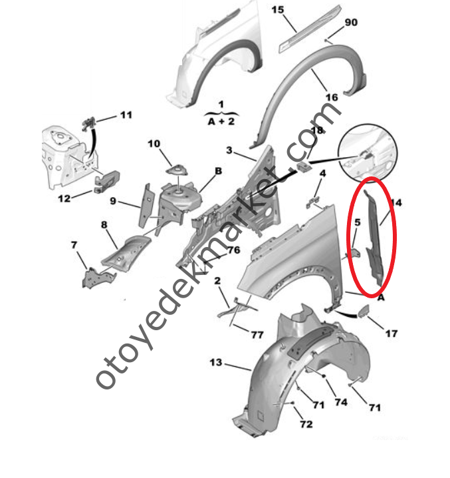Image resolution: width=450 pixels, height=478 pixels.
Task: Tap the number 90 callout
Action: tap(350, 23)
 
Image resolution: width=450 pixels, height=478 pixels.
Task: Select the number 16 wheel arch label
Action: tap(331, 97)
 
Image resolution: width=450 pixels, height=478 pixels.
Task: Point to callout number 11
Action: tap(126, 115)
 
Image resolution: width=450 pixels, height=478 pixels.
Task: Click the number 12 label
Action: tap(82, 198)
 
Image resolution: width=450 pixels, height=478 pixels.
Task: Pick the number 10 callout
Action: tap(154, 143)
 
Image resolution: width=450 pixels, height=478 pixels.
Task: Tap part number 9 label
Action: tap(113, 200)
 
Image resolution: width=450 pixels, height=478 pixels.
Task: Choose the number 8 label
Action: tap(104, 225)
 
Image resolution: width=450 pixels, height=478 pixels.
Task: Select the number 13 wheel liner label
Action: tap(215, 363)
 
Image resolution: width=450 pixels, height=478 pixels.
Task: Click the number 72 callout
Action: tap(306, 423)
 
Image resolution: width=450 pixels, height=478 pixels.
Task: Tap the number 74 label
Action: tap(341, 402)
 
